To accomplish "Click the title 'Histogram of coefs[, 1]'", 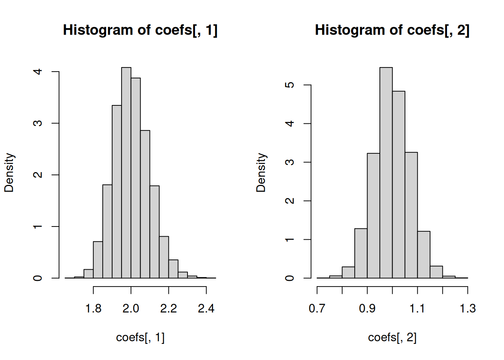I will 140,30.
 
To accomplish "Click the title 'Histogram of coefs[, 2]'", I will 392,30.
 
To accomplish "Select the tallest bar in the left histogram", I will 126,172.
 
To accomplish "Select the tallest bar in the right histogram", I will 386,172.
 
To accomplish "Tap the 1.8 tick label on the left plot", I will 93,309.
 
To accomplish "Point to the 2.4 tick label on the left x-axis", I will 206,309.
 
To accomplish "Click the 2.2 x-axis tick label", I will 169,309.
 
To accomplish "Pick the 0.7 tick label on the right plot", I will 317,309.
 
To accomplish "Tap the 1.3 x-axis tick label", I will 468,309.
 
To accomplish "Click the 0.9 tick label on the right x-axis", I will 367,309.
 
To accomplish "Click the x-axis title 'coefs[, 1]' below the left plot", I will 140,337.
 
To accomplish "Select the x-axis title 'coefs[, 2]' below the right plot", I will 392,337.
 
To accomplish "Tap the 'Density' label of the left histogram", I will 9,172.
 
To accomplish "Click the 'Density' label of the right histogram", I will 261,172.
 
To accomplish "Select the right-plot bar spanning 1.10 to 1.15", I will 424,255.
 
